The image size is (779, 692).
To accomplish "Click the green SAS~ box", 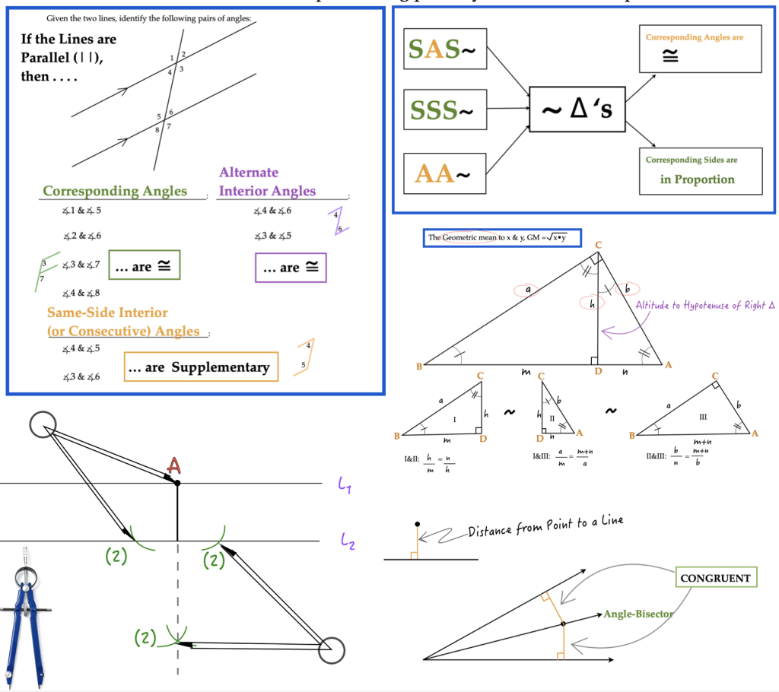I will point(442,49).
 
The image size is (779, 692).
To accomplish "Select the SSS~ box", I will point(442,111).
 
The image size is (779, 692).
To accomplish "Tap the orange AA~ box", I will point(442,175).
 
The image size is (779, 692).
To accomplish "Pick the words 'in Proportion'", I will point(697,179).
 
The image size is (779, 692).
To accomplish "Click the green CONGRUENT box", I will point(714,578).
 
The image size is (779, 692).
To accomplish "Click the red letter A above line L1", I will point(174,466).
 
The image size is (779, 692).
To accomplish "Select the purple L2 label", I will point(348,541).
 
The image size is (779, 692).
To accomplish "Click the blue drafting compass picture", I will point(26,616).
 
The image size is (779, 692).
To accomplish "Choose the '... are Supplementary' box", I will point(201,367).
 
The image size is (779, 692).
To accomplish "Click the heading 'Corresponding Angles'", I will point(114,191).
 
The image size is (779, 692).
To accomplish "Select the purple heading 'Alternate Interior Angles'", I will point(266,182).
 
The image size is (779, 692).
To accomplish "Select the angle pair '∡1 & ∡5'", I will point(83,211).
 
